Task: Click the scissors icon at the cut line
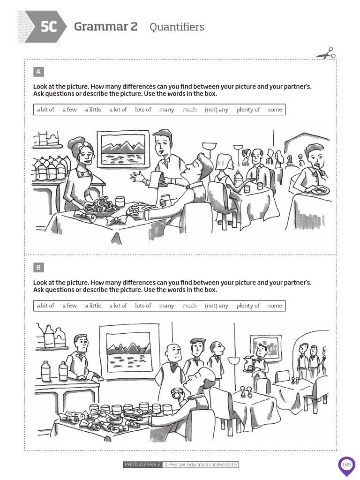[x=326, y=53]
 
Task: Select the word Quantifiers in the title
[x=177, y=27]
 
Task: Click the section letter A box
[x=38, y=72]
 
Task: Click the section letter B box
[x=38, y=267]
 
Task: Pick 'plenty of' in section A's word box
[x=248, y=110]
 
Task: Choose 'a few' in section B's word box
[x=69, y=306]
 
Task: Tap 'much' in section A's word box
[x=189, y=110]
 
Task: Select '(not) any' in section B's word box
[x=217, y=306]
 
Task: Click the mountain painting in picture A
[x=123, y=150]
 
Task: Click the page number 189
[x=346, y=465]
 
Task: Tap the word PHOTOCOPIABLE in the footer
[x=142, y=465]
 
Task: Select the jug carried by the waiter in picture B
[x=248, y=363]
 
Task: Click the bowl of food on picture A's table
[x=101, y=207]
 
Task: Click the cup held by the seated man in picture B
[x=177, y=392]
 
